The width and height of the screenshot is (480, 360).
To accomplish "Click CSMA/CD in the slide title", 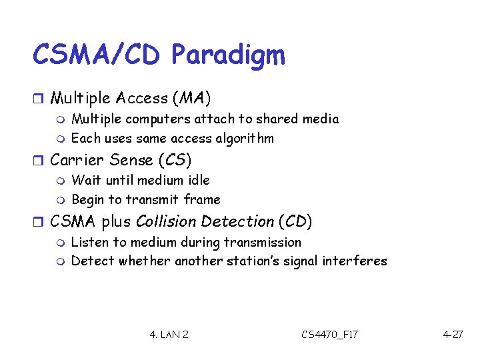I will [x=96, y=55].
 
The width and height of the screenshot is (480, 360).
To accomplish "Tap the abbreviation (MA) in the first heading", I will [x=191, y=99].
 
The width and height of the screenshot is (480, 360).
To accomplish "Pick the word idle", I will [x=197, y=180].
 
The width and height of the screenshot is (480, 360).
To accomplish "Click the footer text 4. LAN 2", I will [x=169, y=334].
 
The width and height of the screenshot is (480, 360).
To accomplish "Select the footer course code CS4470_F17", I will [x=329, y=334].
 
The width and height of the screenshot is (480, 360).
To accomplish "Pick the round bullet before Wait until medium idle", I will [x=59, y=181].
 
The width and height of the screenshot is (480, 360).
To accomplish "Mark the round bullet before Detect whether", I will [x=59, y=261].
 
